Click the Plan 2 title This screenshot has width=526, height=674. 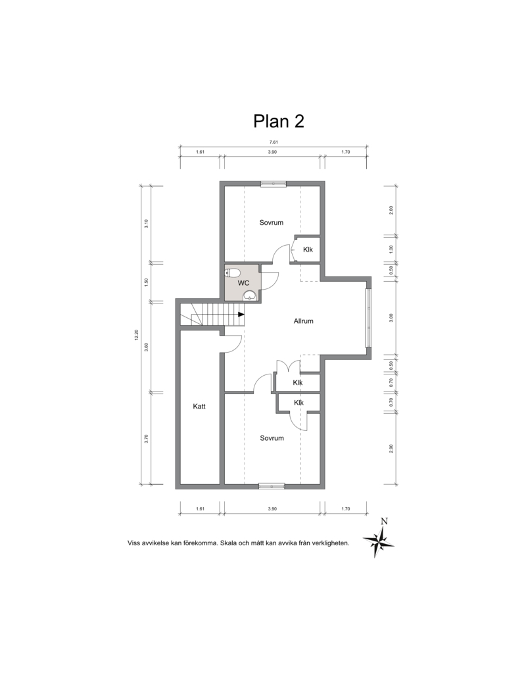coord(279,122)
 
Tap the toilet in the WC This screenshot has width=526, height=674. coord(233,273)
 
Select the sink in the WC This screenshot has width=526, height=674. coord(250,296)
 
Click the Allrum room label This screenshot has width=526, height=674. coord(303,321)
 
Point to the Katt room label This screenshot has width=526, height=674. coord(199,406)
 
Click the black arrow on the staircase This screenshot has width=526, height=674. coord(241,314)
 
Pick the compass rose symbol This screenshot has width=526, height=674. coord(379,542)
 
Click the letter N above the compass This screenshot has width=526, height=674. coord(385,522)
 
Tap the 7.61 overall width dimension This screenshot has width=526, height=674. coord(274,142)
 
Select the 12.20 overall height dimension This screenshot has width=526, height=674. coord(136,335)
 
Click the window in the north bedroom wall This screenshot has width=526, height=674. coord(274,183)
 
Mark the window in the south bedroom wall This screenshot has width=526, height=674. coord(272,486)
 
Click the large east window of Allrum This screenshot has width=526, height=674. coord(368,318)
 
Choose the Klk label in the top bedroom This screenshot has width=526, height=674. coord(308,250)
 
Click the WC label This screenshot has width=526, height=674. coord(243,283)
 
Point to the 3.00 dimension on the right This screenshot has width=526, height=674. coord(391,318)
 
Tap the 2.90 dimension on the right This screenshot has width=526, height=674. coord(391,448)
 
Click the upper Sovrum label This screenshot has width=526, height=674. coord(272,223)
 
